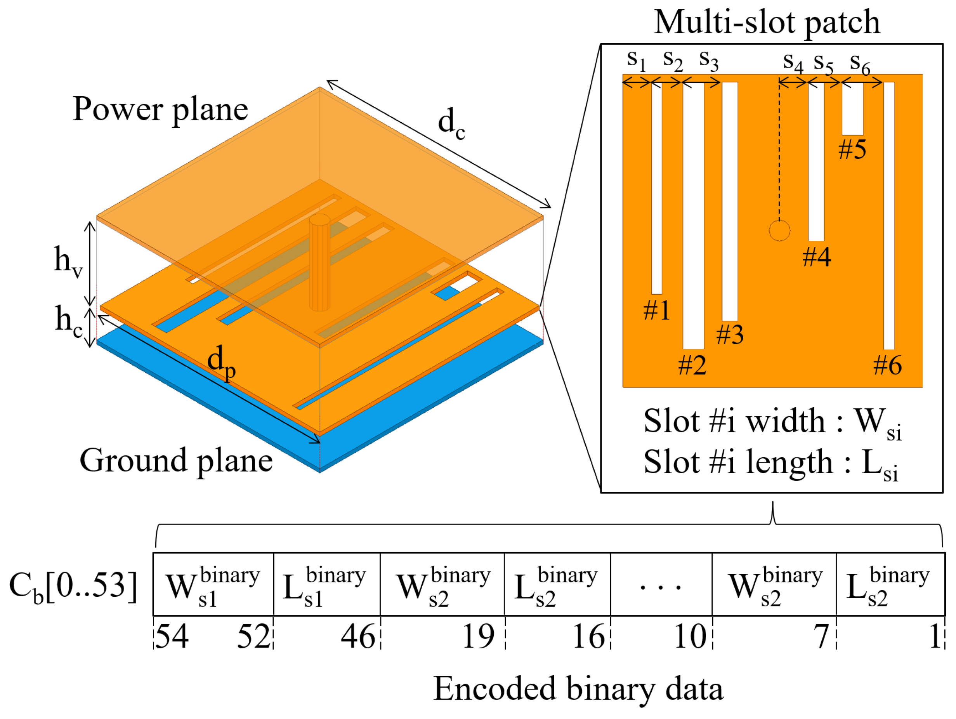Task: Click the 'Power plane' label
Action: tap(160, 110)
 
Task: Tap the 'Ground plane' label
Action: tap(176, 461)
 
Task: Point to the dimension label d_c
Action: tap(451, 124)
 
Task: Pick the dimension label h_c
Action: tap(68, 321)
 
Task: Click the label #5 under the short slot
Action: tap(852, 150)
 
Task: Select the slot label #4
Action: tap(816, 257)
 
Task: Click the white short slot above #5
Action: tap(852, 109)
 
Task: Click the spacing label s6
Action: tap(860, 64)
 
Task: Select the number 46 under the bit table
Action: tap(358, 637)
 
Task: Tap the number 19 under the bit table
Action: tap(478, 637)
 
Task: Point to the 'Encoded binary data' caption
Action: tap(578, 689)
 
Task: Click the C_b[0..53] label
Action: tap(73, 587)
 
